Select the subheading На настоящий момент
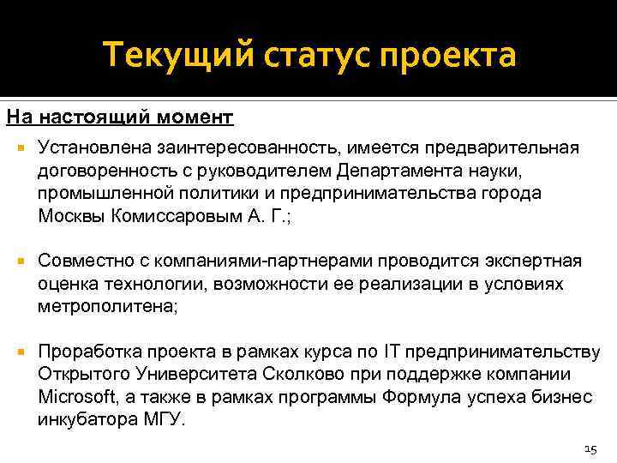click(120, 116)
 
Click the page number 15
click(589, 448)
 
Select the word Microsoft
click(75, 398)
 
